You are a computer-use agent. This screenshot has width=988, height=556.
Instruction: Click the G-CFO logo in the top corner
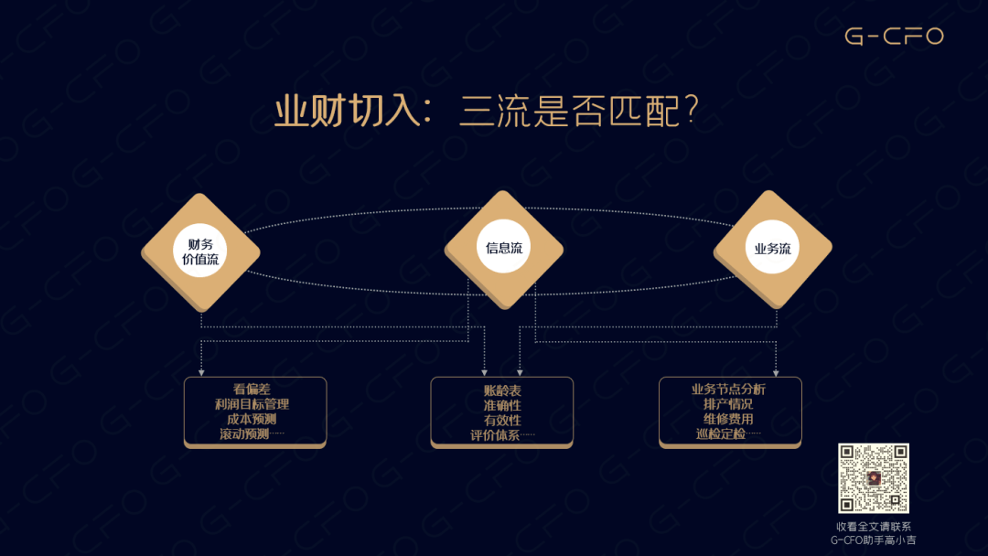coord(894,36)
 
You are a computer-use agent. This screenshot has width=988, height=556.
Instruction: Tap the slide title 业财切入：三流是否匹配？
coord(487,111)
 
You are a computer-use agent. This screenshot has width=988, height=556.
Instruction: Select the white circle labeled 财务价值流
coord(200,251)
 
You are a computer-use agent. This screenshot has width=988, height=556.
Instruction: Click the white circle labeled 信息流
coord(503,247)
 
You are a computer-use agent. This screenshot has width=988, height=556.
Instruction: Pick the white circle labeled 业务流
coord(772,248)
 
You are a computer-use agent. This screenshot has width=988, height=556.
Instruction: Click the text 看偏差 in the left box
coord(252,390)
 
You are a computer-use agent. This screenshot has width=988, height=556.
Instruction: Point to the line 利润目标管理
coord(252,404)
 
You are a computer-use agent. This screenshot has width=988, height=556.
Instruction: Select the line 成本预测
coord(252,419)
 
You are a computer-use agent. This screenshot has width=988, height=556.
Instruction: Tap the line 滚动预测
coord(244,433)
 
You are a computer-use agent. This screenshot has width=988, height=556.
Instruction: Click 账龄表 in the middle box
coord(502,390)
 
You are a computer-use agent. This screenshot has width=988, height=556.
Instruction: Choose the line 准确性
coord(502,405)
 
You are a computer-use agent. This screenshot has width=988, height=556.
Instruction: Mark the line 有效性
coord(502,420)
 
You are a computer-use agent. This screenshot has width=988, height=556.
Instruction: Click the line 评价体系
coord(495,434)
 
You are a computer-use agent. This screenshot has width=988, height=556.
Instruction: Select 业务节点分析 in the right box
coord(728,390)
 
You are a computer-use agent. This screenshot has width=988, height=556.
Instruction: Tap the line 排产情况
coord(728,404)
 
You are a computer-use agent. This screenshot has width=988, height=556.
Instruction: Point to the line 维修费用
coord(728,419)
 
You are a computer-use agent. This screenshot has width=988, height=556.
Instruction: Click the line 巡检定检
coord(721,433)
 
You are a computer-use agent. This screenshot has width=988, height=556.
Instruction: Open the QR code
coord(874,478)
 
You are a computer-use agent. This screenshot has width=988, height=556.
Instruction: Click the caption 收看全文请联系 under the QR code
coord(874,527)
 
